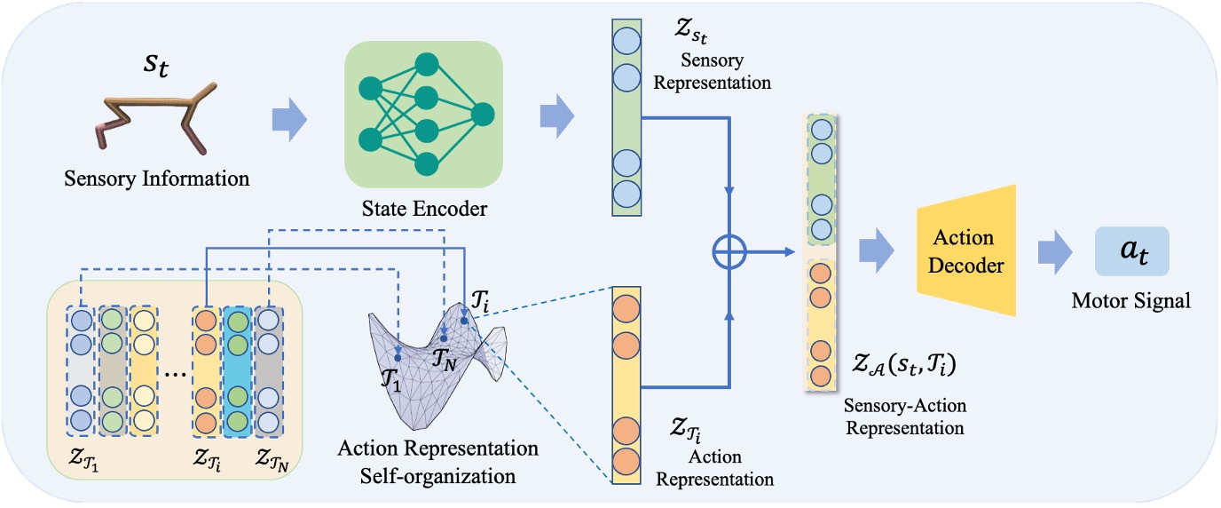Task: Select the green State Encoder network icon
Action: [x=423, y=115]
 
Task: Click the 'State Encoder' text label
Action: [x=423, y=209]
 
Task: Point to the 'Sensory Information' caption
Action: [x=157, y=179]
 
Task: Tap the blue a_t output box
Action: [x=1130, y=251]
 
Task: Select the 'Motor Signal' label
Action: [x=1130, y=301]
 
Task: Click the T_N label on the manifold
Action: [x=444, y=357]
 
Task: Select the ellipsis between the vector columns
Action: [x=175, y=372]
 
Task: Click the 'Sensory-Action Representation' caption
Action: [x=905, y=417]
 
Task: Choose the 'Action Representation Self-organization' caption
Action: [x=437, y=461]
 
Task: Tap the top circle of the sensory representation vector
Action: [x=625, y=42]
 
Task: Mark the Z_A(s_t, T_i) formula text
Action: [x=905, y=367]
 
